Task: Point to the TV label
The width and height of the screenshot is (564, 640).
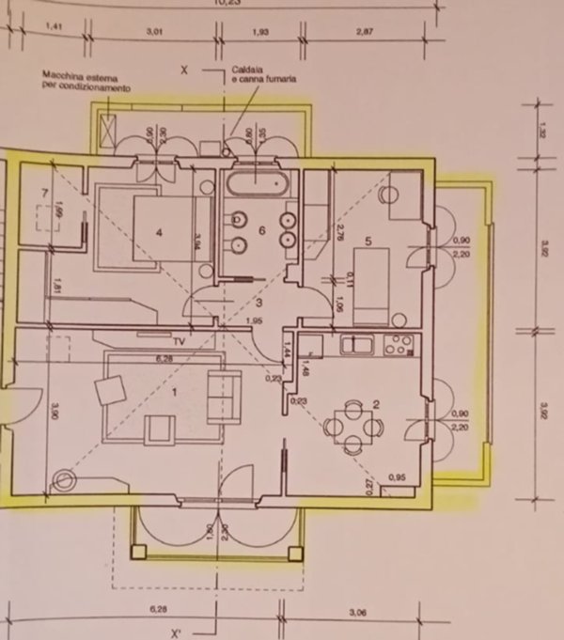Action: tap(178, 340)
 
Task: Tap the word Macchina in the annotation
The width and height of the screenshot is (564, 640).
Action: tap(62, 73)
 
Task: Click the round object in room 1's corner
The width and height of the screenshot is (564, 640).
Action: tap(65, 482)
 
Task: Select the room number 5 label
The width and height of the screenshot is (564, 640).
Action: tap(368, 241)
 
